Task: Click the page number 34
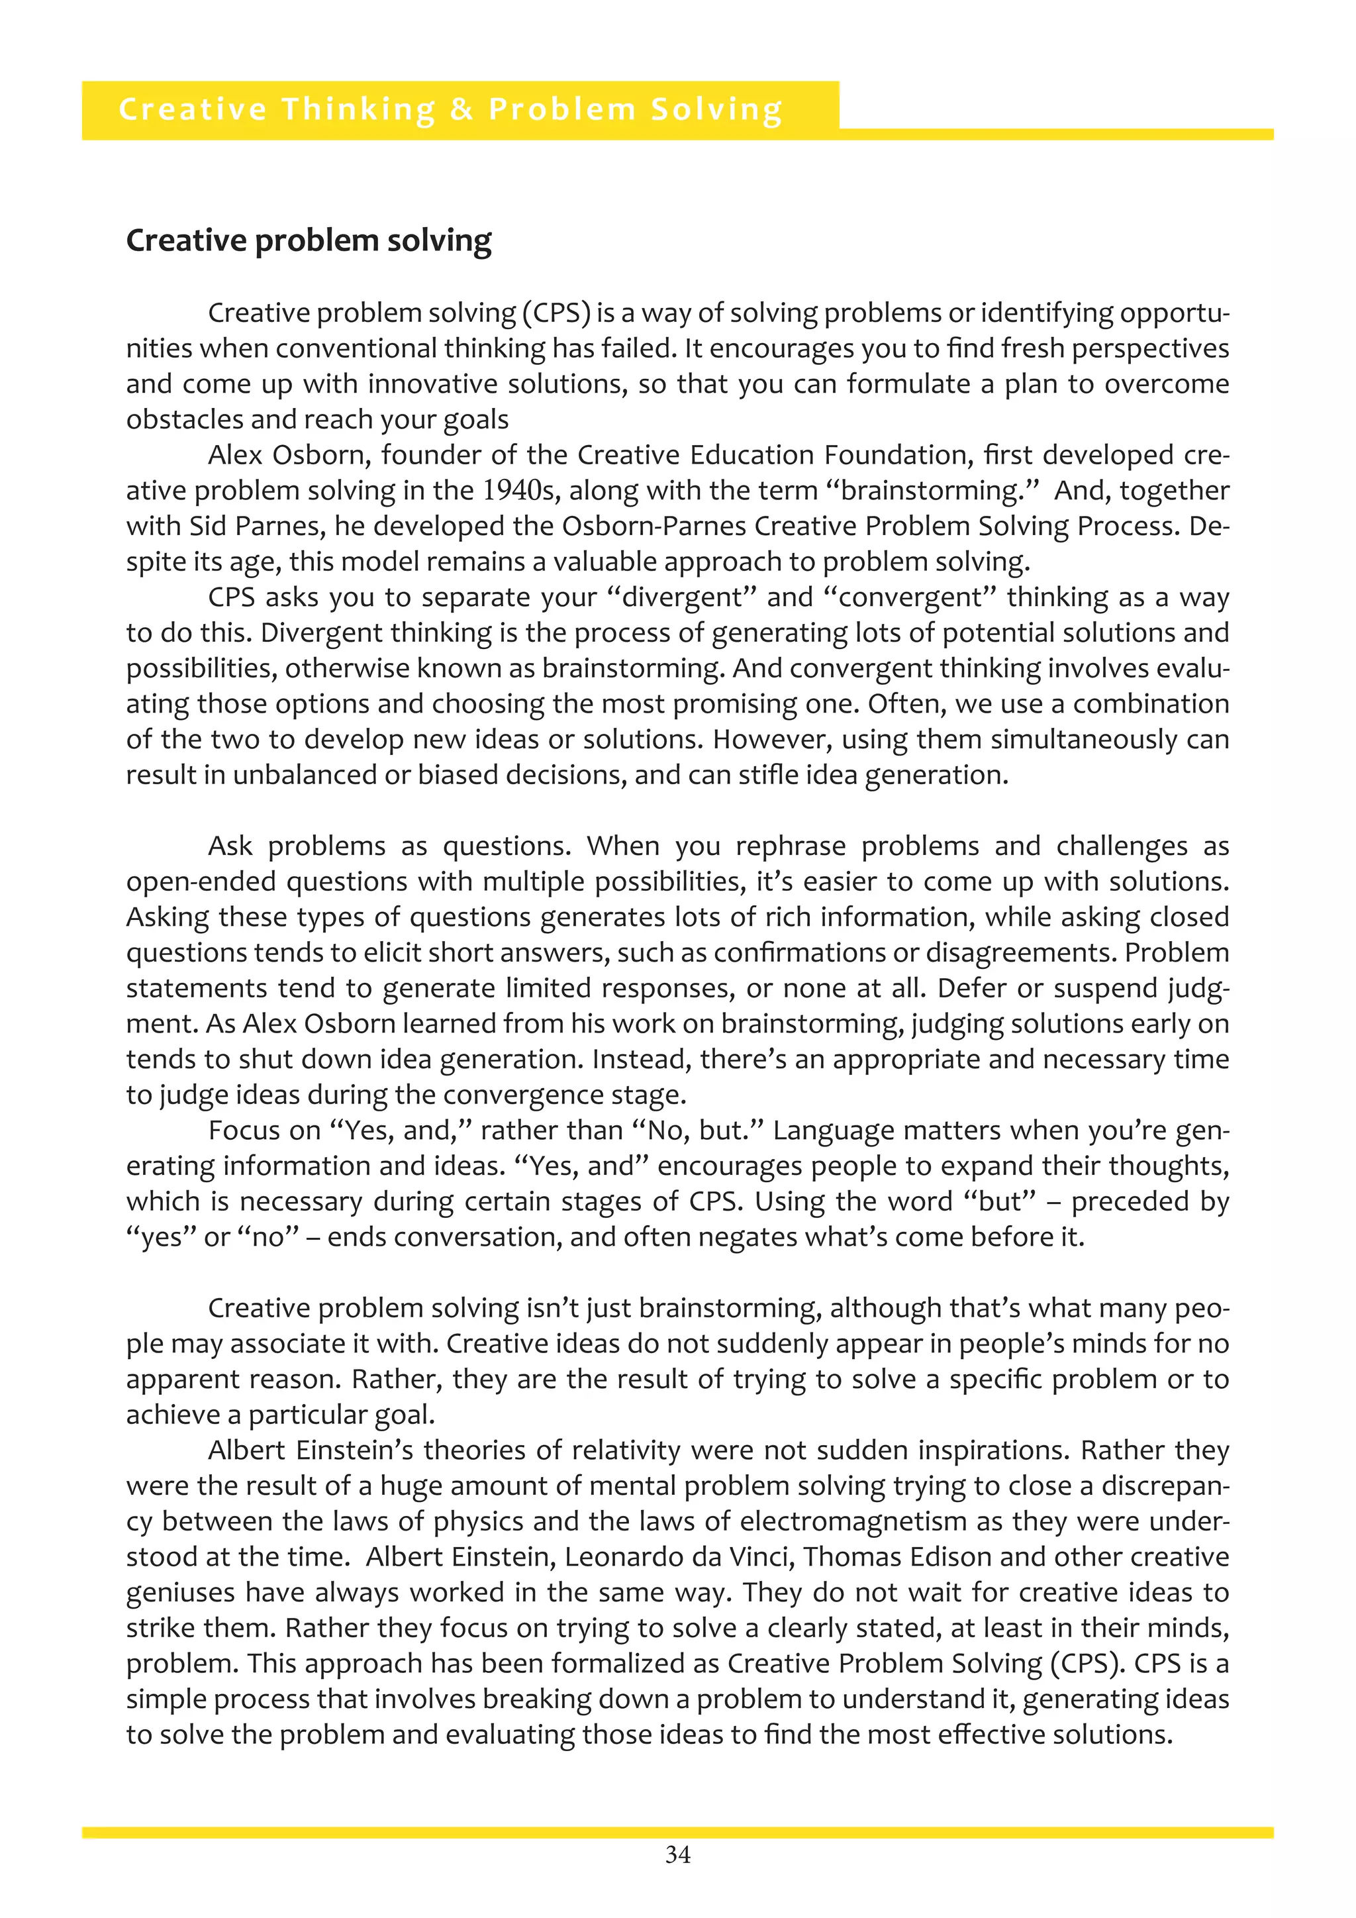pos(677,1855)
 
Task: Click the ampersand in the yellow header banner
pos(461,109)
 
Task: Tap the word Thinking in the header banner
pos(358,109)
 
